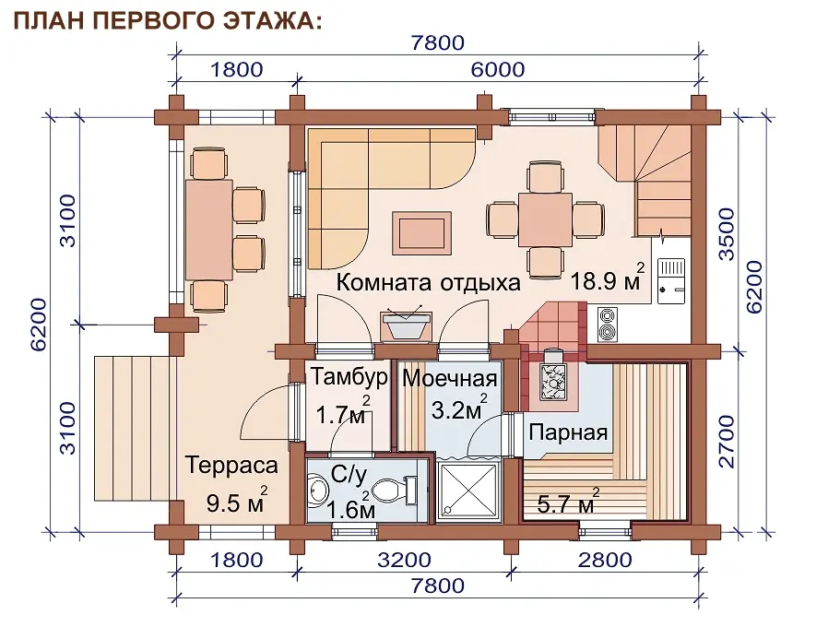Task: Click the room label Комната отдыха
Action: pos(428,282)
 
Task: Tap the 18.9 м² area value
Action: pos(608,278)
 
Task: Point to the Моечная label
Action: pos(450,378)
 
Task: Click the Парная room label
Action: pos(568,432)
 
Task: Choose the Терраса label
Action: pos(232,465)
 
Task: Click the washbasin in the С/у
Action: pos(319,490)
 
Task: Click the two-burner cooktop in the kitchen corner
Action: pos(607,324)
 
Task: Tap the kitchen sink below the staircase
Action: pos(671,281)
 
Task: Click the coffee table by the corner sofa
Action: pos(421,232)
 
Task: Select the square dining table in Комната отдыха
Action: pos(545,219)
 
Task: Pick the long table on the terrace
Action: pos(209,230)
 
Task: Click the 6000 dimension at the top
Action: pos(498,70)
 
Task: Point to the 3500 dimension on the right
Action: pos(727,234)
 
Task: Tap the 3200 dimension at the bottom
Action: pos(404,560)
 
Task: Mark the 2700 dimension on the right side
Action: pos(727,441)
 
